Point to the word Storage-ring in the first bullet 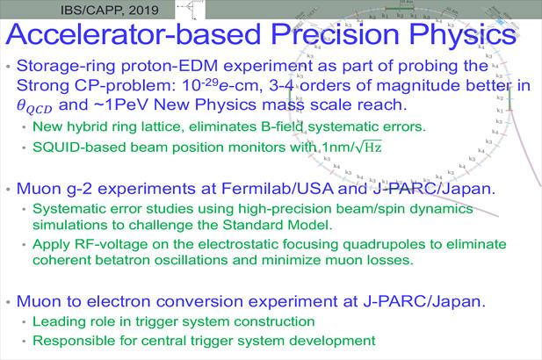pos(72,67)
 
